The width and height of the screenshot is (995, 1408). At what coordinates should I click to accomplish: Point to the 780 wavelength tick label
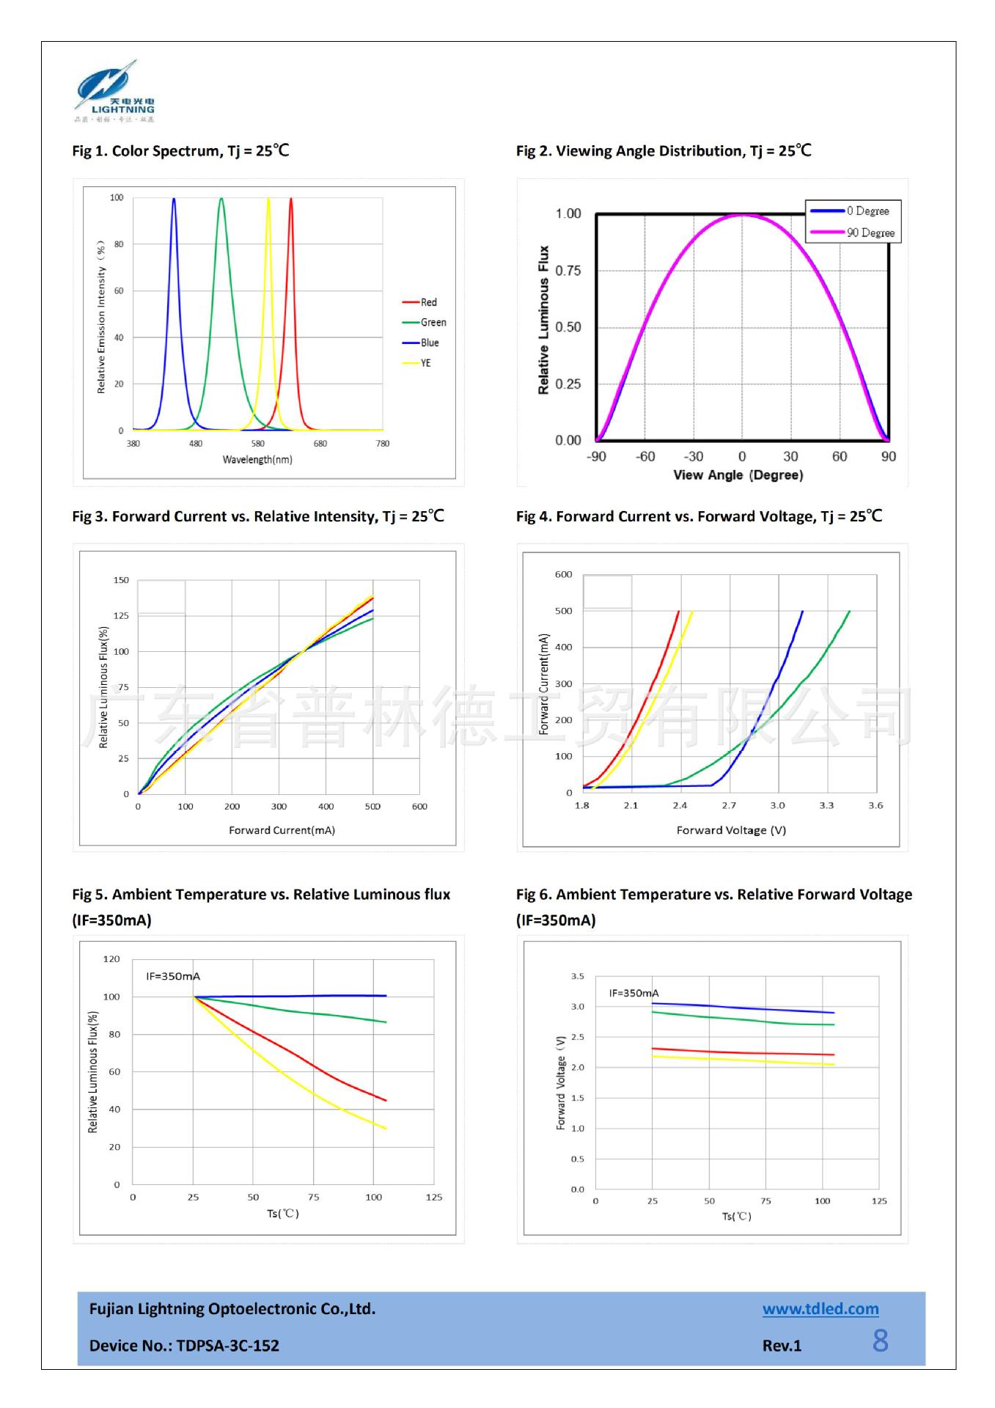click(x=383, y=444)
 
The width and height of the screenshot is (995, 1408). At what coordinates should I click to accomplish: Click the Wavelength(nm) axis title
click(x=257, y=460)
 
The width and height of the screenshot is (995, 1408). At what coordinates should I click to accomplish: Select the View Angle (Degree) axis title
click(x=738, y=475)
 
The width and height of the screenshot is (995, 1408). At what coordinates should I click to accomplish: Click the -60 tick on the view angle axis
click(x=645, y=457)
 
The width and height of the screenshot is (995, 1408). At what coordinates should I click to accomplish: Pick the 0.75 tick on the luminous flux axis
click(x=568, y=271)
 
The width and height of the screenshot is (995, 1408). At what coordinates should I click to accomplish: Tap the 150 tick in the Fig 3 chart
click(x=121, y=580)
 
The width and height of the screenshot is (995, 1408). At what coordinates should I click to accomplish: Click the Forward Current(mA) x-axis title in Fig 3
click(x=282, y=830)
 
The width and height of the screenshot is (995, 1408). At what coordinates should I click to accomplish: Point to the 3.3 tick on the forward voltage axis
click(x=826, y=805)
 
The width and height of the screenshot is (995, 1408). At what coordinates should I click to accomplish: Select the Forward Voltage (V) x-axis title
click(x=731, y=830)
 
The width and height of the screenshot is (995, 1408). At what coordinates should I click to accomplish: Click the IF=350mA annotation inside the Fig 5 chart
click(x=173, y=976)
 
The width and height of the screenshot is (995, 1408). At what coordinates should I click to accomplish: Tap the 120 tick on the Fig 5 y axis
click(x=111, y=958)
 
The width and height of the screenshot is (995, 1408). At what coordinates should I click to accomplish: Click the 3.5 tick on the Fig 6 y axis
click(x=578, y=976)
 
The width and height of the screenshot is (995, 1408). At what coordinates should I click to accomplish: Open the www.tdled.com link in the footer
click(x=820, y=1309)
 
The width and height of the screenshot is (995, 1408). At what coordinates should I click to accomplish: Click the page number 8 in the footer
click(x=881, y=1341)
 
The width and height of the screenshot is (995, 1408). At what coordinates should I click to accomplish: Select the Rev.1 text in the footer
click(x=782, y=1346)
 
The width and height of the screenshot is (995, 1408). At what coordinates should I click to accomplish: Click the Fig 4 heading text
click(x=699, y=516)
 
